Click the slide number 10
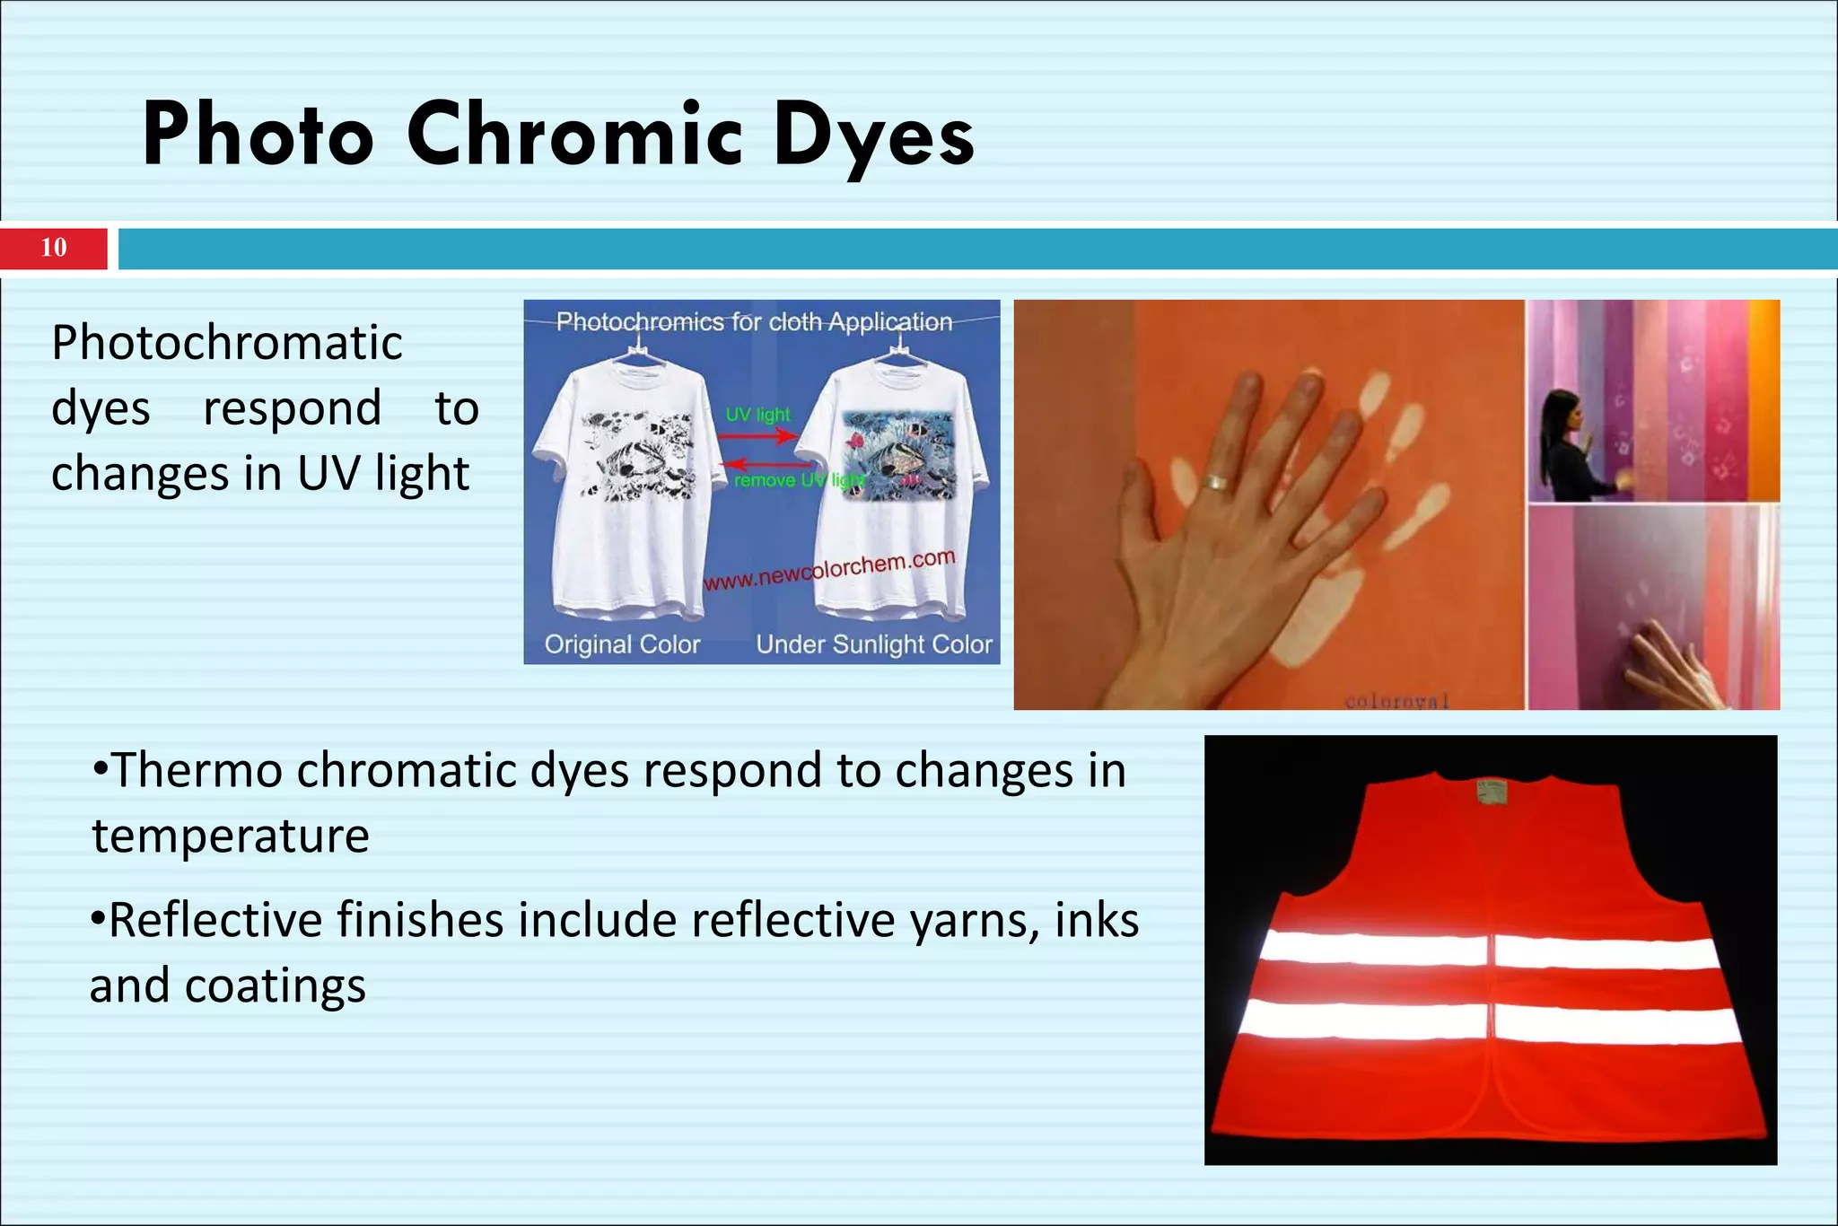pyautogui.click(x=54, y=248)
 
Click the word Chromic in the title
pyautogui.click(x=574, y=135)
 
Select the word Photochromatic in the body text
pyautogui.click(x=227, y=343)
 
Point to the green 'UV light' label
pyautogui.click(x=758, y=415)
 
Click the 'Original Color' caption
pyautogui.click(x=622, y=644)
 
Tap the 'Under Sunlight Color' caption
pyautogui.click(x=874, y=644)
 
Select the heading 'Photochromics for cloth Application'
pyautogui.click(x=754, y=321)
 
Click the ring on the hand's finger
pyautogui.click(x=1216, y=482)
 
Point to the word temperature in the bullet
pyautogui.click(x=231, y=836)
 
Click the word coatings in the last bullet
pyautogui.click(x=276, y=986)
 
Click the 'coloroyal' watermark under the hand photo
pyautogui.click(x=1396, y=701)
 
